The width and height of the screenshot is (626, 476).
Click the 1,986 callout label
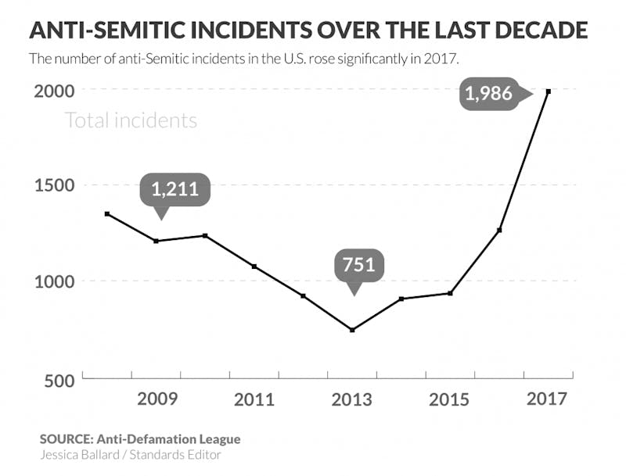pyautogui.click(x=488, y=94)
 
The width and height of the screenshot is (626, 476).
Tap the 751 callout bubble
pyautogui.click(x=355, y=264)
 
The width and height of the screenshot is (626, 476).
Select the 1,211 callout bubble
pyautogui.click(x=175, y=188)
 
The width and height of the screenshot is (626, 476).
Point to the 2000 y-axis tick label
pyautogui.click(x=53, y=91)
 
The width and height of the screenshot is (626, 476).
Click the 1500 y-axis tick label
pyautogui.click(x=53, y=186)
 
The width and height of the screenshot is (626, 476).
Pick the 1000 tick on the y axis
pyautogui.click(x=53, y=281)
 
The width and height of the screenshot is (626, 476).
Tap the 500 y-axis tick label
pyautogui.click(x=59, y=380)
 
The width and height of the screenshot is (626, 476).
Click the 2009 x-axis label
pyautogui.click(x=158, y=399)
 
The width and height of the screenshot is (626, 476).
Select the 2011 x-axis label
pyautogui.click(x=255, y=399)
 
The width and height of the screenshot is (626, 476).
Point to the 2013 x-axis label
pyautogui.click(x=353, y=399)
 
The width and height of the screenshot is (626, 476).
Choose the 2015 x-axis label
pyautogui.click(x=450, y=399)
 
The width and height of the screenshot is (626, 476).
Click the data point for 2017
pyautogui.click(x=549, y=91)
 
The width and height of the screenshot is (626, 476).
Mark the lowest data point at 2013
pyautogui.click(x=353, y=330)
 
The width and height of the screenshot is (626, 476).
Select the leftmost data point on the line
pyautogui.click(x=107, y=213)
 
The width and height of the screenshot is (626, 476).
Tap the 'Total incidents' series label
pyautogui.click(x=131, y=120)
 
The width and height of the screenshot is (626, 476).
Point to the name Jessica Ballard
pyautogui.click(x=77, y=454)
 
